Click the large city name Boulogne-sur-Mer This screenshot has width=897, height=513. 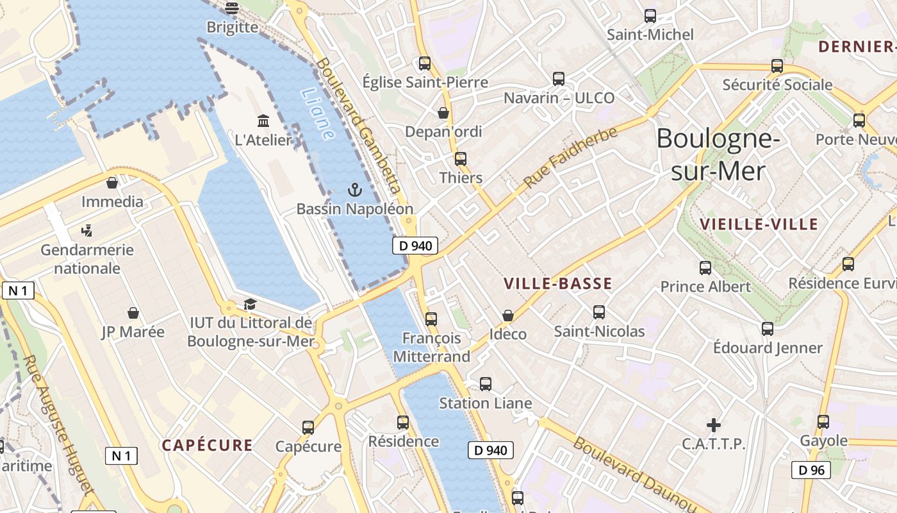point(718,155)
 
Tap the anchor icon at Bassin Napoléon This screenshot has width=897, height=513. point(354,190)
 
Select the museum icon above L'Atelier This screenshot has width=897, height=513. point(263,121)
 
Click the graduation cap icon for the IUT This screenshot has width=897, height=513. point(250,304)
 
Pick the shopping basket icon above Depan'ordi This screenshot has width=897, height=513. point(443,113)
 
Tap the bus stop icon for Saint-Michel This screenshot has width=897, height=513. point(650,16)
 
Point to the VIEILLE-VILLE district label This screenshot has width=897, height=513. point(759,224)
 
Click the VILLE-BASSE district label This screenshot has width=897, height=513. point(557,283)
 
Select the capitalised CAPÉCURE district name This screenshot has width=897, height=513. point(207,445)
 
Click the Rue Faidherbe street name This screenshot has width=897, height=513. point(571,157)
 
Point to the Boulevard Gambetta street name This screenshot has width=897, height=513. point(359,126)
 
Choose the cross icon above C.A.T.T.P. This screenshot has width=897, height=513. point(713,425)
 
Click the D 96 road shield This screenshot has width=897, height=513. point(811,470)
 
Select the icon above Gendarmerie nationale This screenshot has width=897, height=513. point(86,230)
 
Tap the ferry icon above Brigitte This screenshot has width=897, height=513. point(232,8)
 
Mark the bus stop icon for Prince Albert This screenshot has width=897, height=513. point(705,267)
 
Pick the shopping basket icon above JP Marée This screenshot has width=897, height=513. point(133,313)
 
